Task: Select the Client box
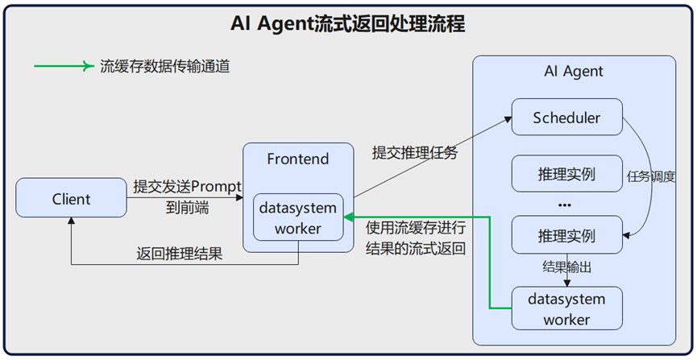point(71,199)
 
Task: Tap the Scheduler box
point(566,118)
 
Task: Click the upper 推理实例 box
point(566,175)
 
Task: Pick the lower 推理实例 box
point(566,236)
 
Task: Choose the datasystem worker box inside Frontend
point(298,217)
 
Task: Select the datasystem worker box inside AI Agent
point(566,308)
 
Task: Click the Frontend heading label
point(298,159)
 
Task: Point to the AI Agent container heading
point(573,71)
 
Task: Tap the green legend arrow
point(64,67)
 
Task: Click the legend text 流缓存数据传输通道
point(164,67)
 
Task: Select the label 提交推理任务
point(414,152)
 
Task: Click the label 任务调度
point(650,176)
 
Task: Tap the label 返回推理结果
point(179,254)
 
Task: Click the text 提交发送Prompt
point(186,187)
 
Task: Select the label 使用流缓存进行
point(415,228)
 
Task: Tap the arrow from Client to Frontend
point(185,198)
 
